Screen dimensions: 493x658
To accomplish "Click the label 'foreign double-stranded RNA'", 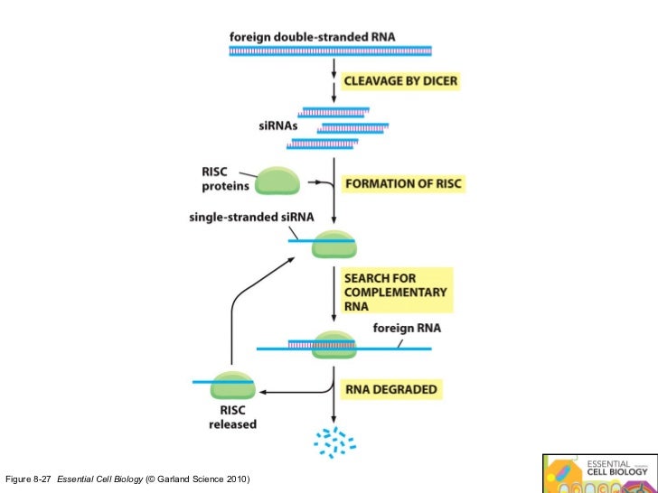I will click(x=312, y=37).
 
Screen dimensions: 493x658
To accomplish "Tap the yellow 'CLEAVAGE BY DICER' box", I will click(x=399, y=81).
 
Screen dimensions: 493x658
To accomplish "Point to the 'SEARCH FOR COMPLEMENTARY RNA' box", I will click(x=395, y=293).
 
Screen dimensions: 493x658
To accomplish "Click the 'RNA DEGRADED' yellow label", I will click(x=391, y=390).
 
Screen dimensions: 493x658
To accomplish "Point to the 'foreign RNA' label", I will click(x=407, y=329).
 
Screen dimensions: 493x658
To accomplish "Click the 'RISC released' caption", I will click(x=232, y=417).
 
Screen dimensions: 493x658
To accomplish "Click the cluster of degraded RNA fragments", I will click(x=334, y=442).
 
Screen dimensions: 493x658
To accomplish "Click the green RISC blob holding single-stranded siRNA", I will click(x=334, y=244).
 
